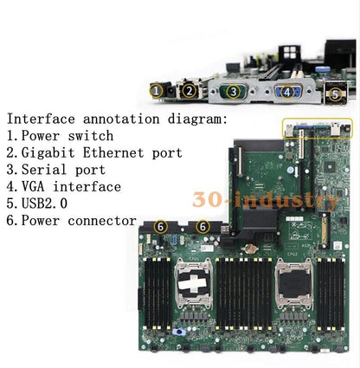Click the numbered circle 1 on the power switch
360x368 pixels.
pos(157,90)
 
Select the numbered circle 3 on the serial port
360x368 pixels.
pos(231,91)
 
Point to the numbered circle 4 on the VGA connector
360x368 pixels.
pos(286,90)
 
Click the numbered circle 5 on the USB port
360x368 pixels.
pos(335,92)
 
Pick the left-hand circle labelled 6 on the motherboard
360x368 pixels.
pos(159,226)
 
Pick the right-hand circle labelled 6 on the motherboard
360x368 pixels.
pos(202,226)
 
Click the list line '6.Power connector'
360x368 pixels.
pos(72,221)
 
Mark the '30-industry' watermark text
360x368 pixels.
pos(267,202)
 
